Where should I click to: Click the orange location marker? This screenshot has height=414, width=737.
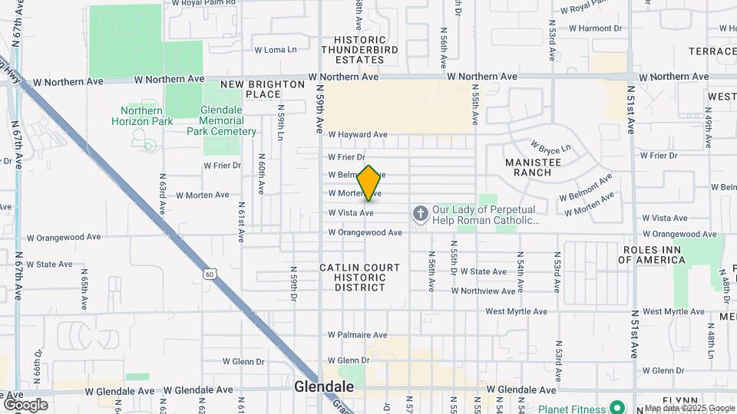[x=369, y=183]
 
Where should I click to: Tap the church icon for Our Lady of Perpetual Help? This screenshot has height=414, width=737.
[x=420, y=212]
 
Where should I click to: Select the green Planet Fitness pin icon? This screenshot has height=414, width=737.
[x=616, y=407]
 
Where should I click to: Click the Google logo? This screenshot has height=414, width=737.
[x=25, y=405]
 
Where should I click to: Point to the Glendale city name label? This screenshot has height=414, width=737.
[x=324, y=387]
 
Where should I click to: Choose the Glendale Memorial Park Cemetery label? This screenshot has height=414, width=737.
[x=222, y=121]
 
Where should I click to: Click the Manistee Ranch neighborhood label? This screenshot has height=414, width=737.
[x=539, y=167]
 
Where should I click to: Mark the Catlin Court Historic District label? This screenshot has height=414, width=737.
[x=360, y=278]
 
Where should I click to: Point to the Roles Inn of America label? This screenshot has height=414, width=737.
[x=654, y=255]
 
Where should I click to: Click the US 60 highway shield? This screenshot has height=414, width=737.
[x=209, y=274]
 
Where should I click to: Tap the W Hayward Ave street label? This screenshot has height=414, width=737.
[x=358, y=134]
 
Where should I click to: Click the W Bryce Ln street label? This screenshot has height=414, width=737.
[x=553, y=145]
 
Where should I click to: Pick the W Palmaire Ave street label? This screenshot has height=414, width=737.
[x=358, y=335]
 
